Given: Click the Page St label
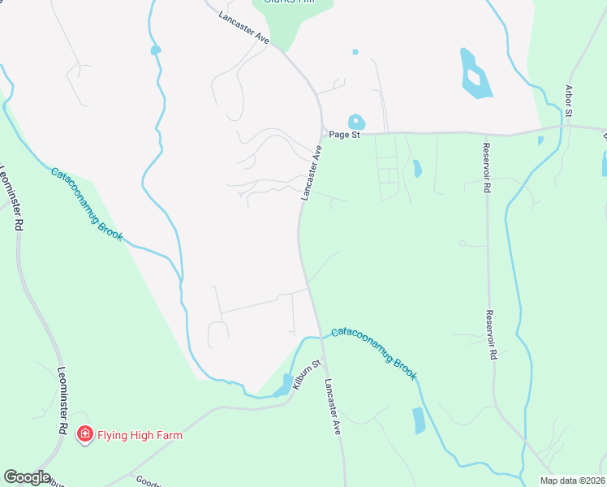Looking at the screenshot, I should (x=344, y=135).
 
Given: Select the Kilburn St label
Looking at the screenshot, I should (x=303, y=375).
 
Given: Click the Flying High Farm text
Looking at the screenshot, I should (x=140, y=435).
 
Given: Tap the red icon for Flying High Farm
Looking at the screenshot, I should (x=84, y=435).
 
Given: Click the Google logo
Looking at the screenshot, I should (x=27, y=477).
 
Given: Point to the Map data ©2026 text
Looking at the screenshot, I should (x=572, y=481).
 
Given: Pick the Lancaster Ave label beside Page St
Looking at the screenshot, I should (x=311, y=172).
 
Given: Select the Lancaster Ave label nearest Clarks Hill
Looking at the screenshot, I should (x=244, y=27).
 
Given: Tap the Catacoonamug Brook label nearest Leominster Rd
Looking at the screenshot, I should (x=87, y=204).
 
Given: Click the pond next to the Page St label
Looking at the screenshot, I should (x=355, y=121).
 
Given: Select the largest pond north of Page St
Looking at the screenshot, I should (x=472, y=75).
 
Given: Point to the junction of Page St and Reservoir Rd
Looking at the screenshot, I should (x=485, y=134).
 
